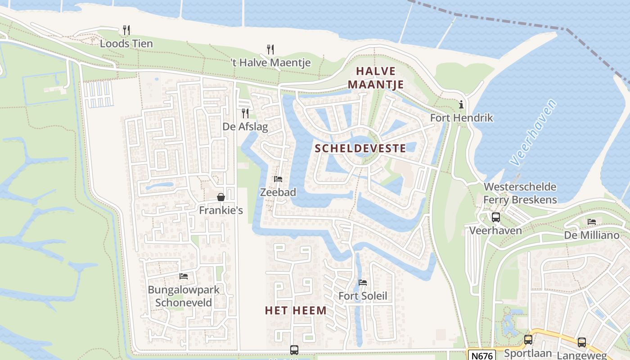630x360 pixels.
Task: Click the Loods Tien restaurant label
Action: pos(126,44)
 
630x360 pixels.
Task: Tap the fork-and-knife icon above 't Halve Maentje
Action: pos(270,49)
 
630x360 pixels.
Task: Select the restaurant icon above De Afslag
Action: pos(245,113)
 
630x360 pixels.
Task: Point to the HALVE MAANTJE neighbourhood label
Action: pos(376,77)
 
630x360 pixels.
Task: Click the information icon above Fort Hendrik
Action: pos(461,105)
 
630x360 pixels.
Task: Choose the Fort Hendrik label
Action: pos(462,118)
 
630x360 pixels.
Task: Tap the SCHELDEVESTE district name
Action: pos(360,148)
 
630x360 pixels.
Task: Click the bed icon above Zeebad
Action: pos(278,179)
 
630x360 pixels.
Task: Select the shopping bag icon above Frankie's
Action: pos(221,197)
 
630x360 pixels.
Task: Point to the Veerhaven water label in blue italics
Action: pos(534,132)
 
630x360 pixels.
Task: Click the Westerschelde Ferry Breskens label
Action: pos(520,193)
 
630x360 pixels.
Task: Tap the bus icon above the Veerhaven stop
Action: pos(495,217)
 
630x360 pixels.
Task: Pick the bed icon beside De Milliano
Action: pos(592,222)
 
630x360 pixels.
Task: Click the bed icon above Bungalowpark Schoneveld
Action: pos(184,276)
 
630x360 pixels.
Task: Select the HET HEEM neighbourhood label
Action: pos(296,310)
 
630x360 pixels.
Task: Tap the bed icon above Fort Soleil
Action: pos(363,283)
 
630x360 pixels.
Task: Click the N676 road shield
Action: pos(481,355)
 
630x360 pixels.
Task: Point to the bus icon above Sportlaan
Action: pos(528,340)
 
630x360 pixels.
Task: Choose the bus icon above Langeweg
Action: pos(582,342)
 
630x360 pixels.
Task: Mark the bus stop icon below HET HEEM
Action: pos(294,350)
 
